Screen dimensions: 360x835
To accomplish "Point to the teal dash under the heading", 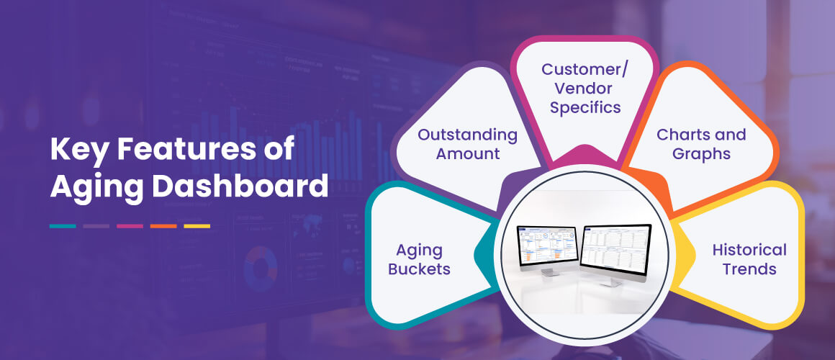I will click(x=63, y=226).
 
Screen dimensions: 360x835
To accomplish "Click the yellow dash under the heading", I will click(x=197, y=226).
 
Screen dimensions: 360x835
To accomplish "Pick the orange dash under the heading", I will click(x=163, y=226).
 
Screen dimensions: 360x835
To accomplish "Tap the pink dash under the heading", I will click(x=130, y=226).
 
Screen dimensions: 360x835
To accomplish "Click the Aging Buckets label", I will click(x=419, y=260).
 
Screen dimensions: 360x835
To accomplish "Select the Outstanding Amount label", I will click(x=467, y=143).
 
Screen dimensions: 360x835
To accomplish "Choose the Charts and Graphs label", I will click(x=701, y=143).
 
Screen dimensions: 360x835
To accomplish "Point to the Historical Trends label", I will click(x=749, y=259).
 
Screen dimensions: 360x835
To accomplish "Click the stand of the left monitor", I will click(x=549, y=271).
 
